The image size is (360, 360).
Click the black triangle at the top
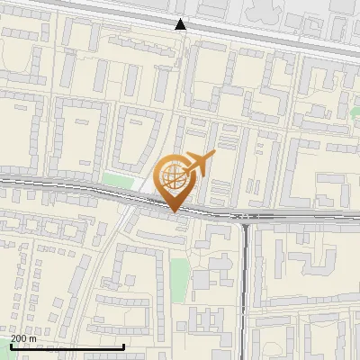point(181,24)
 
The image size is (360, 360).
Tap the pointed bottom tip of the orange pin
point(175,212)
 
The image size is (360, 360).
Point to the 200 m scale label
point(24,338)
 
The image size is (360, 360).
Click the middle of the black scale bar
point(67,346)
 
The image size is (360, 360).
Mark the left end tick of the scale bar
point(10,346)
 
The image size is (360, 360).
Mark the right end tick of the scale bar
point(123,346)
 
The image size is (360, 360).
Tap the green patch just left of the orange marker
point(117,180)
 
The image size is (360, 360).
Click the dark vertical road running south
point(245,288)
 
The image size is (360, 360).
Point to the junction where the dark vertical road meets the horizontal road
point(245,218)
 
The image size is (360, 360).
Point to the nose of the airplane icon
point(212,156)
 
